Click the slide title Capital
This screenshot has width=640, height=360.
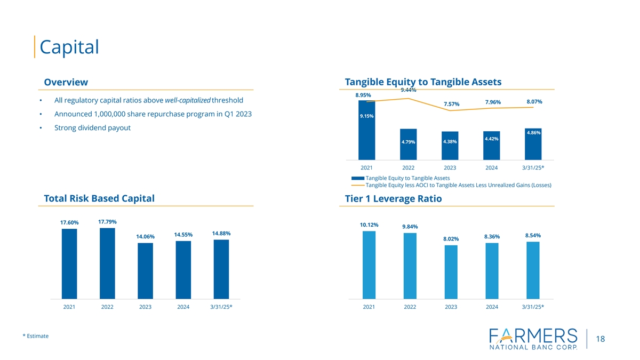point(69,47)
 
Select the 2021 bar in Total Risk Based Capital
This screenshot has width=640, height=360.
point(69,263)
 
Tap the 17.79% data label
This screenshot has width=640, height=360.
point(108,222)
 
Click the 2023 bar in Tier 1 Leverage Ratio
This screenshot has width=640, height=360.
point(451,272)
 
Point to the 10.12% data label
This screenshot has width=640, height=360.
point(369,225)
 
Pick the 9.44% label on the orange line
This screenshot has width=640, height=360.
point(408,90)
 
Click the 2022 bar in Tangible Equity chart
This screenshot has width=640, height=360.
point(408,144)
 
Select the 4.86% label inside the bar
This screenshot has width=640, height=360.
point(533,133)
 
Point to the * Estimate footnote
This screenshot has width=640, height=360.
point(35,336)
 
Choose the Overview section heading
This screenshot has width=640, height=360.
point(66,82)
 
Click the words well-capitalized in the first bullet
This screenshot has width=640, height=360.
point(188,101)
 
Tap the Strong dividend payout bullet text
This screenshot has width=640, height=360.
point(93,128)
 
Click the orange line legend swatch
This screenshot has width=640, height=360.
point(357,185)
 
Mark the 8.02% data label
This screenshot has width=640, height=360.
point(451,239)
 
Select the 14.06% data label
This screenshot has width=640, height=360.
point(146,237)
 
